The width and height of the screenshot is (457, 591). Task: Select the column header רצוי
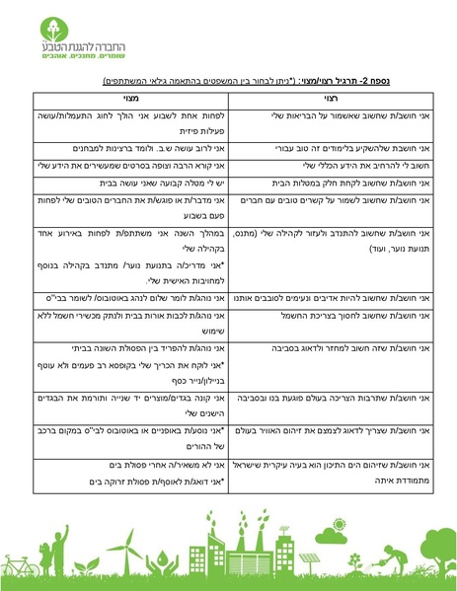point(331,99)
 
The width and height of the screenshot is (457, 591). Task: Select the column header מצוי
point(128,99)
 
